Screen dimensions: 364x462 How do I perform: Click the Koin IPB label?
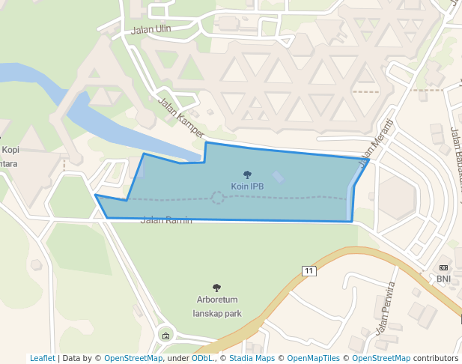247,186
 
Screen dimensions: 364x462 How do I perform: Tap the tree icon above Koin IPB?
247,175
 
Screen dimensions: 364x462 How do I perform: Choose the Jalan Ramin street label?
166,220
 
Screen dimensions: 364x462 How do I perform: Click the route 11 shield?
308,270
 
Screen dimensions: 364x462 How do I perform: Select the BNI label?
444,279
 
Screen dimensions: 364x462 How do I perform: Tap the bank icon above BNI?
444,267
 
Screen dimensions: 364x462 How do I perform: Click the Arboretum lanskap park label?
217,306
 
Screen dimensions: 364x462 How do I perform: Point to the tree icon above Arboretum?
217,288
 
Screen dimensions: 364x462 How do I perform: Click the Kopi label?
11,150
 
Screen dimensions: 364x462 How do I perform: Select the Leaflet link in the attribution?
42,358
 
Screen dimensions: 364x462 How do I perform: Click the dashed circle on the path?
218,198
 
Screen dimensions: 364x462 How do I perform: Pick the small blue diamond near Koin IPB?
279,178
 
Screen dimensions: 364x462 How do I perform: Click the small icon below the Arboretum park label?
165,335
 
